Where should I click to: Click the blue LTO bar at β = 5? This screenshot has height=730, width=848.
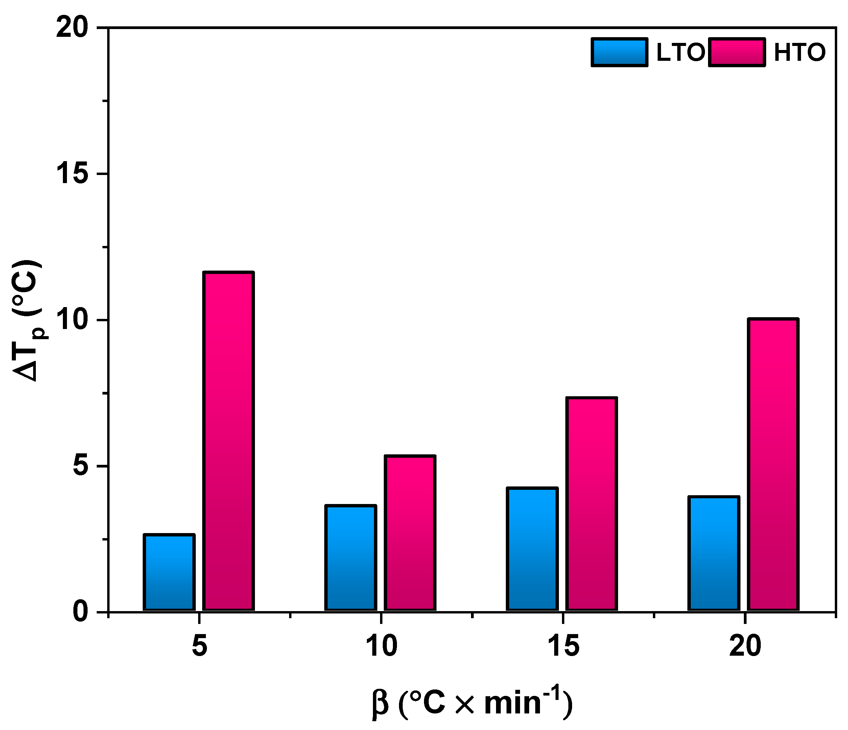(x=169, y=573)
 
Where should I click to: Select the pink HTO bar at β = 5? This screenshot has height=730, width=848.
(x=229, y=441)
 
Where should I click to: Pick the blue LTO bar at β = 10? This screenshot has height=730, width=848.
(x=350, y=558)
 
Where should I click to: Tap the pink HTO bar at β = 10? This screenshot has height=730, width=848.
(x=410, y=533)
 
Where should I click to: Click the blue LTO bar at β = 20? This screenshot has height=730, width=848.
(x=714, y=554)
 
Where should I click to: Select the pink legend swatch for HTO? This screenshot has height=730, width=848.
(x=737, y=52)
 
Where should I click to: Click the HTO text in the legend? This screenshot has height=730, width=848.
(x=800, y=52)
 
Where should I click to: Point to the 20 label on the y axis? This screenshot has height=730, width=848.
(x=72, y=28)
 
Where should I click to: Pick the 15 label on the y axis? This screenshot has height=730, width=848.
(x=72, y=174)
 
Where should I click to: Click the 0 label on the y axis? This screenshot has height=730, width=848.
(x=80, y=612)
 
